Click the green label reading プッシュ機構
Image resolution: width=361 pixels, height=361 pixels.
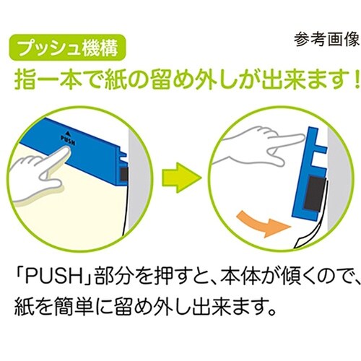(68, 48)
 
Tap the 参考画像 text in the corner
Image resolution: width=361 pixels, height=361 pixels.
(326, 40)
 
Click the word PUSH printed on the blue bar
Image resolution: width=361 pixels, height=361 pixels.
(68, 140)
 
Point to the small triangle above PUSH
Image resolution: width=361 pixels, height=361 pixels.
(68, 133)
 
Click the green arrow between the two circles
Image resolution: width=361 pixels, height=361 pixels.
(181, 178)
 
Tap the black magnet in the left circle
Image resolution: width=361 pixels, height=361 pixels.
(124, 174)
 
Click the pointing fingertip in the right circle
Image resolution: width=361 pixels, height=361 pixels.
(301, 137)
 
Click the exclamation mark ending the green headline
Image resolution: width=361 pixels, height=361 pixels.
(357, 81)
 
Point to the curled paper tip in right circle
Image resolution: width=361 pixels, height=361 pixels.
(298, 243)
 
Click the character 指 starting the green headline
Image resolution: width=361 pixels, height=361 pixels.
(23, 81)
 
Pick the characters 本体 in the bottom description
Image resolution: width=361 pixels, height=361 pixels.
(240, 279)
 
